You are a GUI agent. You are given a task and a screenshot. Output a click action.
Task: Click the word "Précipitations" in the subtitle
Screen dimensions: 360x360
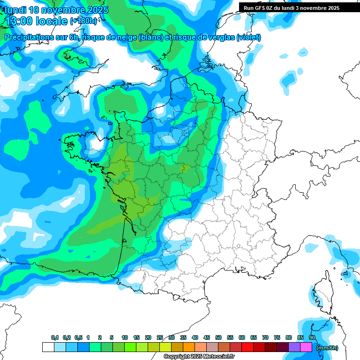[x=29, y=37]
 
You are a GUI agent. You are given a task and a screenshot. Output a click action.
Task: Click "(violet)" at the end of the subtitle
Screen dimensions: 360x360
[x=248, y=37]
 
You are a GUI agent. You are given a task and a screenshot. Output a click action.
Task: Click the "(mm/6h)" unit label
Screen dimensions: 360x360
[x=327, y=348]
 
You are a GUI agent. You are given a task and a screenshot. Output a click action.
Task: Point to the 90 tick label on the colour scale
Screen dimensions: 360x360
[x=312, y=337]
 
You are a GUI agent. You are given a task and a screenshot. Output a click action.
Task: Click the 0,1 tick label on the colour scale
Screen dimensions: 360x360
[x=55, y=337]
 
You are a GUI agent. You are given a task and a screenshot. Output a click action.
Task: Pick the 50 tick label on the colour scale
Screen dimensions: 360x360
[x=218, y=337]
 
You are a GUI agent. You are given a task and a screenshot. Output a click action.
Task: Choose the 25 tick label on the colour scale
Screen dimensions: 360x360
[x=160, y=337]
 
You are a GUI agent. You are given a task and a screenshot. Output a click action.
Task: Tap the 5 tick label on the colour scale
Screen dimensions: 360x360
[x=112, y=337]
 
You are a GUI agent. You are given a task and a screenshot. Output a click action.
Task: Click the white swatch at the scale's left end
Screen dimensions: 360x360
[x=48, y=347]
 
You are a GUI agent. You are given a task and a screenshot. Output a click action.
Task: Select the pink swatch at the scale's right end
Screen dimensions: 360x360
[x=306, y=347]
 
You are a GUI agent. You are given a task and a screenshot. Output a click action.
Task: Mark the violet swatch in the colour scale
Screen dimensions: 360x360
[x=294, y=347]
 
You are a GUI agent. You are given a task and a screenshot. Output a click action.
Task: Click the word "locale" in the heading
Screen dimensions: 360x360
[x=51, y=21]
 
